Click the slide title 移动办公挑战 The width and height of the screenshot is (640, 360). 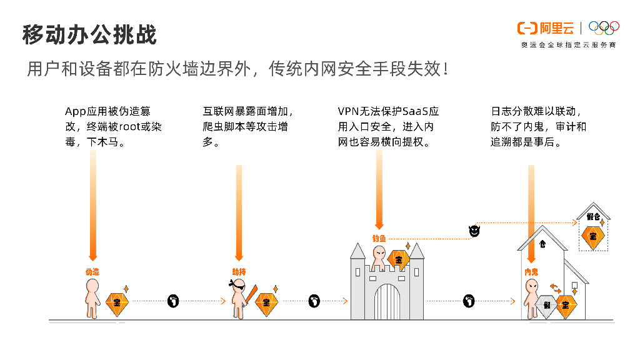[x=89, y=34]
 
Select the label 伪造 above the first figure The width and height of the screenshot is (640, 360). [x=92, y=272]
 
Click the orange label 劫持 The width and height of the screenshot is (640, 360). [x=239, y=272]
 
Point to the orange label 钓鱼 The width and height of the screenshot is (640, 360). [x=379, y=238]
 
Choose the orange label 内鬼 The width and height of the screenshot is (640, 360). [x=532, y=272]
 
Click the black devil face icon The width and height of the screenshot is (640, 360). [x=474, y=231]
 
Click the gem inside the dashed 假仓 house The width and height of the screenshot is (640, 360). [x=592, y=236]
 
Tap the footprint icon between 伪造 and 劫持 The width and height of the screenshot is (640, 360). [x=173, y=301]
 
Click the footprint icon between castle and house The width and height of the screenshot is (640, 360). [x=469, y=301]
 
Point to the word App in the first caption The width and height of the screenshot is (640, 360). [x=74, y=112]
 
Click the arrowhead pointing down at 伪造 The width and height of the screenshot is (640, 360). [x=93, y=256]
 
